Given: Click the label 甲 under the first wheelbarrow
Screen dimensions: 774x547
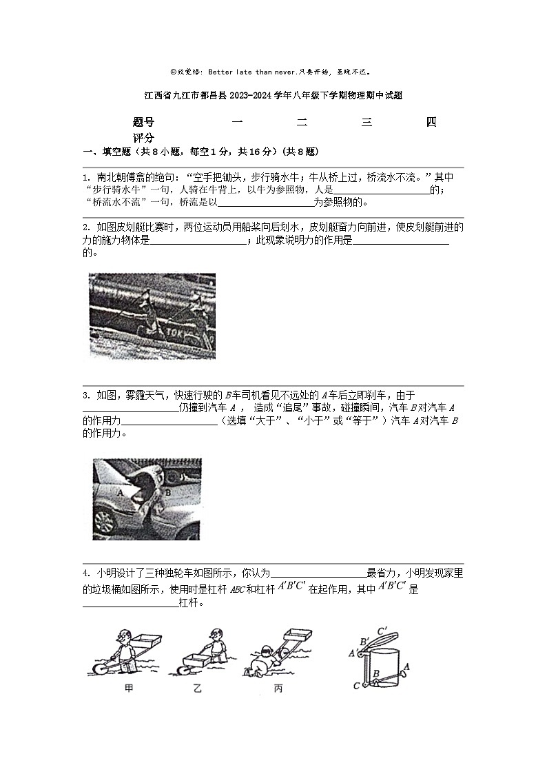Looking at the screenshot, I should coord(129,687).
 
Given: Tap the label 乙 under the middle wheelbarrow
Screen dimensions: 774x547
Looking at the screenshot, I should coord(198,687).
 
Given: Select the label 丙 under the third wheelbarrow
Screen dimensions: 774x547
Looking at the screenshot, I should coord(278,688).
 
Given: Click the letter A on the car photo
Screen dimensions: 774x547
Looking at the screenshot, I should coord(120,494).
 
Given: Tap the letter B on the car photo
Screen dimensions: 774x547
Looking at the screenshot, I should coord(167,493).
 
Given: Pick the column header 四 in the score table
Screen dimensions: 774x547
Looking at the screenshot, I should coord(431,123).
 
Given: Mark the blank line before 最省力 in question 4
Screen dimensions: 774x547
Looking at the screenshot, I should coord(318,574).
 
